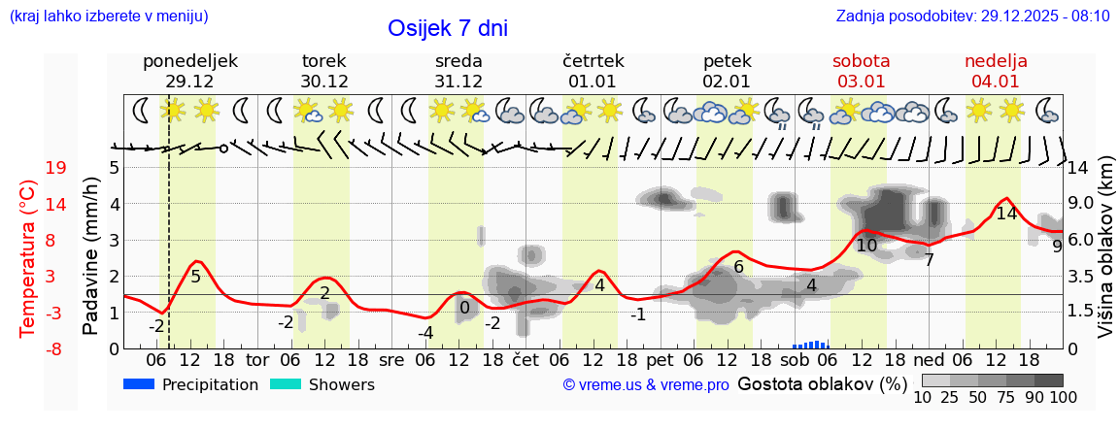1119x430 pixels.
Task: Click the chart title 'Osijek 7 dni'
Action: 447,28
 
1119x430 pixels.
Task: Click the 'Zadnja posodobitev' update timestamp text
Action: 972,17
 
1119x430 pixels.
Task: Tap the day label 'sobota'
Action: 861,61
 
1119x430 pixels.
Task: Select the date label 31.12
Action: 458,82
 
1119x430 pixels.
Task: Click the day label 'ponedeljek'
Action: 189,61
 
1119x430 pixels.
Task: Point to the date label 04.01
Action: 996,82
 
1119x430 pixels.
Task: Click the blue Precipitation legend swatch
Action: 140,384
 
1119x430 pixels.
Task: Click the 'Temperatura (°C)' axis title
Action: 29,257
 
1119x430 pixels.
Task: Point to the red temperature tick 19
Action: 55,168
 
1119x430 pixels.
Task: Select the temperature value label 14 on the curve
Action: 1006,214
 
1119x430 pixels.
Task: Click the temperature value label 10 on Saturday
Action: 866,246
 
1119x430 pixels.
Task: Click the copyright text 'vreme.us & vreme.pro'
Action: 646,384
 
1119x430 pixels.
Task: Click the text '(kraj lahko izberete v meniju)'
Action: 108,17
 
